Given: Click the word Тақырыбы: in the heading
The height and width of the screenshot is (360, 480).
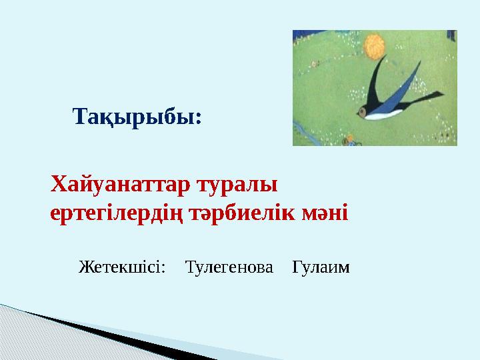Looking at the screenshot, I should click(137, 118).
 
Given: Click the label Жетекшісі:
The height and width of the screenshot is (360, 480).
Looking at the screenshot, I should click(122, 268).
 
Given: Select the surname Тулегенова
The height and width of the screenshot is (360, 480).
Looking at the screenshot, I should click(229, 268).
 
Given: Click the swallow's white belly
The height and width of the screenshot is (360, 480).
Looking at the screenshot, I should click(387, 114).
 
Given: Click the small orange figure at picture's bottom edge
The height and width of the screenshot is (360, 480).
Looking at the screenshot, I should click(347, 141).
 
